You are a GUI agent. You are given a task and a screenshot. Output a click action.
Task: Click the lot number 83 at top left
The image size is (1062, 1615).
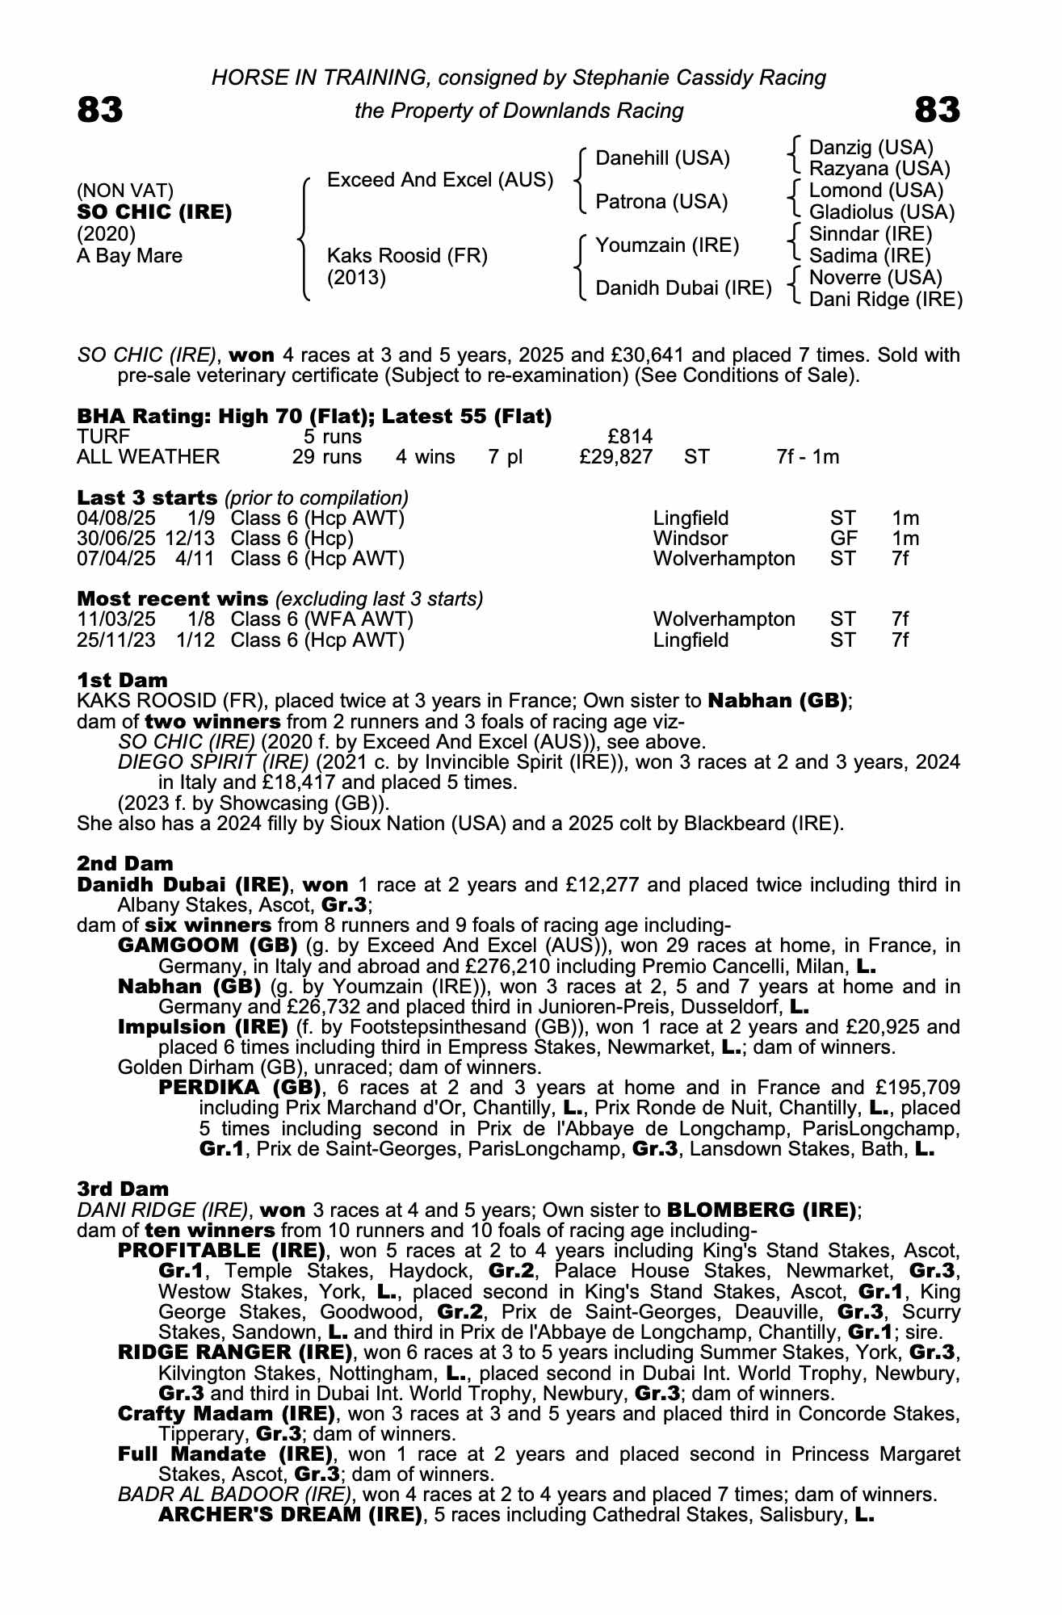click(100, 110)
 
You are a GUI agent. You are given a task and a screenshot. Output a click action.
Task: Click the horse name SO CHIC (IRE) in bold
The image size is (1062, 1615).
click(154, 212)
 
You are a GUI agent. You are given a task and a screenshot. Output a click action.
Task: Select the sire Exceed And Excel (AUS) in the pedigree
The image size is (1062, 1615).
click(440, 180)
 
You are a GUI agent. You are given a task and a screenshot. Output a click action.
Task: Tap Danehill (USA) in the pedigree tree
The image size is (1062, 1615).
click(662, 158)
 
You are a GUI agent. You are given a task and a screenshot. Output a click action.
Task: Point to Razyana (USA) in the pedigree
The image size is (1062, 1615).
click(879, 169)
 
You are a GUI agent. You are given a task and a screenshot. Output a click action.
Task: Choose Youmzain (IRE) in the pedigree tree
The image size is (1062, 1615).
click(667, 245)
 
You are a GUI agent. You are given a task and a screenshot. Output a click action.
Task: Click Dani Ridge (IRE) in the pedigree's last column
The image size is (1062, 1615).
click(885, 300)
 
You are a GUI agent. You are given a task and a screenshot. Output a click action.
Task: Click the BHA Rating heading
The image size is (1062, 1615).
click(313, 416)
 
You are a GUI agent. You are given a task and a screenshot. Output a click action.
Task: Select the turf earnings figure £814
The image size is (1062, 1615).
click(630, 437)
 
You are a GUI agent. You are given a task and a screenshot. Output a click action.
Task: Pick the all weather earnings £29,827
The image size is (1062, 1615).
click(616, 457)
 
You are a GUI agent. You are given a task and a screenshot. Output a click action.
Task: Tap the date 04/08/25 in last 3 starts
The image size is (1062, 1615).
click(115, 518)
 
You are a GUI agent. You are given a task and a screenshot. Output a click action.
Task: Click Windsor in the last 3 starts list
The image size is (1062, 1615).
click(691, 538)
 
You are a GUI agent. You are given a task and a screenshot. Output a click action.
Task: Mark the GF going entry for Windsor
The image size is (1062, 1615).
click(844, 538)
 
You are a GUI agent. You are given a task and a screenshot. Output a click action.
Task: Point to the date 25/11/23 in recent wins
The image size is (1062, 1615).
click(115, 640)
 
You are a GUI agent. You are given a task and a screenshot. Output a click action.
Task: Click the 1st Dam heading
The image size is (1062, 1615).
click(123, 680)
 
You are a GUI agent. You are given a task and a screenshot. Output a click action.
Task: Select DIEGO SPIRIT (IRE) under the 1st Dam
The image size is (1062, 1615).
click(213, 762)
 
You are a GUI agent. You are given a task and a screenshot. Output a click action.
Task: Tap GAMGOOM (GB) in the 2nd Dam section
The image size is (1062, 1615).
click(208, 946)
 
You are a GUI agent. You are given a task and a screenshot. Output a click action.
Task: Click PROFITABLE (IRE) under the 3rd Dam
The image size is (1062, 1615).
click(221, 1251)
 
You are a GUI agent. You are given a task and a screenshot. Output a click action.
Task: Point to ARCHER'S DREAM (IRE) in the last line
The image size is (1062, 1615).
click(291, 1514)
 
